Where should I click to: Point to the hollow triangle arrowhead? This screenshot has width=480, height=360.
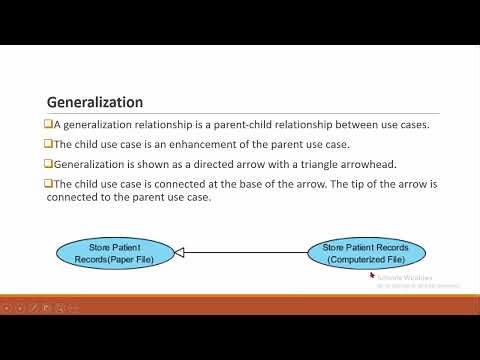(180, 253)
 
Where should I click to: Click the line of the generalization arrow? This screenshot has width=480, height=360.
(250, 253)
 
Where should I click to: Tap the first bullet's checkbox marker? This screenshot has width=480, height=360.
(50, 124)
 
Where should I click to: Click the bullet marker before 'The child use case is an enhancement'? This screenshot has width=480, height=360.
(50, 144)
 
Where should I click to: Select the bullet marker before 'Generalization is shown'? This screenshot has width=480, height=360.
(50, 164)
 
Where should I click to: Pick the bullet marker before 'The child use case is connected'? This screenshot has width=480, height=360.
(50, 184)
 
